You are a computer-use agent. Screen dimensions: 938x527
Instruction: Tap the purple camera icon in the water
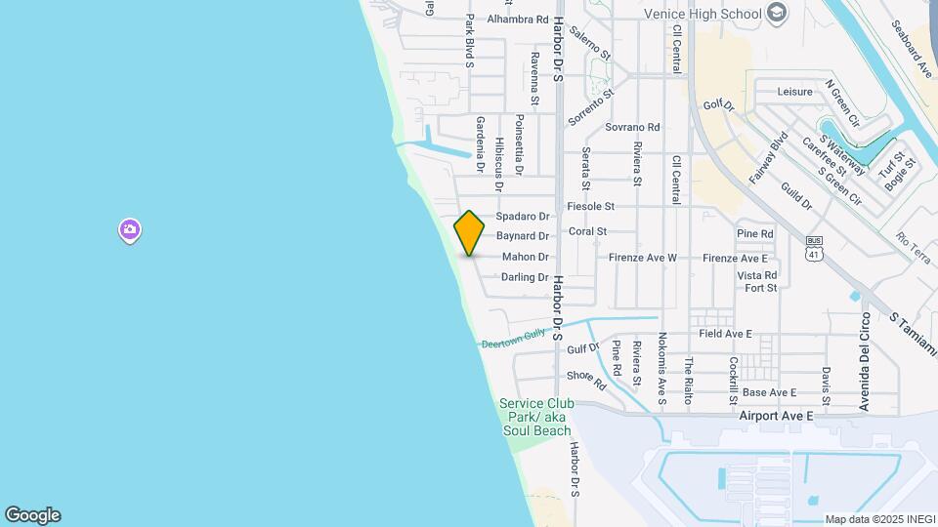coord(130,230)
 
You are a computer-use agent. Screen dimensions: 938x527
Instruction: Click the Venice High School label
coord(703,14)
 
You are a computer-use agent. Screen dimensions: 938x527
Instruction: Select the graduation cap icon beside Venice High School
coord(777,13)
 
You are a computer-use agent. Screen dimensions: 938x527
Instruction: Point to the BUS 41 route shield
coord(813,248)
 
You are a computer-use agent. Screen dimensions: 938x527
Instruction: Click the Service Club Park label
coord(536,417)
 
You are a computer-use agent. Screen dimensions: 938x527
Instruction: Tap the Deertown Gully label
coord(512,337)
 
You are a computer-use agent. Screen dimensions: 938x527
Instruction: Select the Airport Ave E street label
coord(777,415)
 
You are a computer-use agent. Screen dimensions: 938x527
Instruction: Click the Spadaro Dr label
coord(523,216)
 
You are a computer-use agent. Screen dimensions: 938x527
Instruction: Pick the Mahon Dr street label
coord(526,257)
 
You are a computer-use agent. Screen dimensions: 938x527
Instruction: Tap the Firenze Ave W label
coord(642,258)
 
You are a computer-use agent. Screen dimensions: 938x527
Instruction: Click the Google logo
coord(32,515)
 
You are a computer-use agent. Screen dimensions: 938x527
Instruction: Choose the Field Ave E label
coord(725,334)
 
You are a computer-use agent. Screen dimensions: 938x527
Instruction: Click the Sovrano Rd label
coord(632,127)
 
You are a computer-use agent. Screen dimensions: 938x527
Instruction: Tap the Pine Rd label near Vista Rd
coord(754,234)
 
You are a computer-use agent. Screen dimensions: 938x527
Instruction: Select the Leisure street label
coord(794,92)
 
